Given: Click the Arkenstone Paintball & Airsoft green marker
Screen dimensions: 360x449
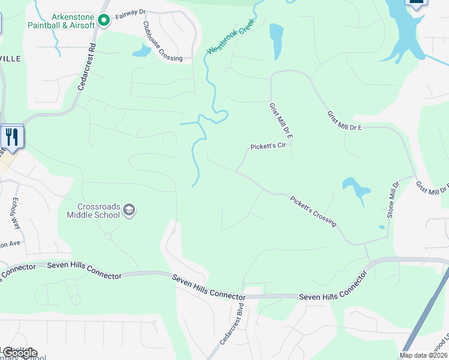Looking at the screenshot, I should click(x=103, y=21).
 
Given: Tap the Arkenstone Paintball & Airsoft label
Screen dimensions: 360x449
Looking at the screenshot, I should click(x=61, y=21).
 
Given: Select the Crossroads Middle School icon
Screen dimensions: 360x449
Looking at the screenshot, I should click(x=129, y=210).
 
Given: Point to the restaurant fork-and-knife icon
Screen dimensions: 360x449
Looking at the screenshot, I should click(x=12, y=137).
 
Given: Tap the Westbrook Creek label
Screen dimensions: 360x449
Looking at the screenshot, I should click(x=231, y=37).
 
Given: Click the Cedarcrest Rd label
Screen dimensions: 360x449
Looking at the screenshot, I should click(x=88, y=67).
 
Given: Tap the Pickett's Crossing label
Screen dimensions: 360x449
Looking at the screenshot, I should click(x=313, y=211).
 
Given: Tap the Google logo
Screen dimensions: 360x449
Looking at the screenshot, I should click(x=19, y=353).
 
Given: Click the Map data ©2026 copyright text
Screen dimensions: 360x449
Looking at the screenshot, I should click(x=423, y=355).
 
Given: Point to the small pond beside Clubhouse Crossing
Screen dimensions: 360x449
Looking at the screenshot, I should click(x=142, y=51).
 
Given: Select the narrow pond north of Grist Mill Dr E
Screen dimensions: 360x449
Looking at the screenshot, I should click(x=277, y=41).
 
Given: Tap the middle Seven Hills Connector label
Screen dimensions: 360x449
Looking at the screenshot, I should click(x=208, y=287).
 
